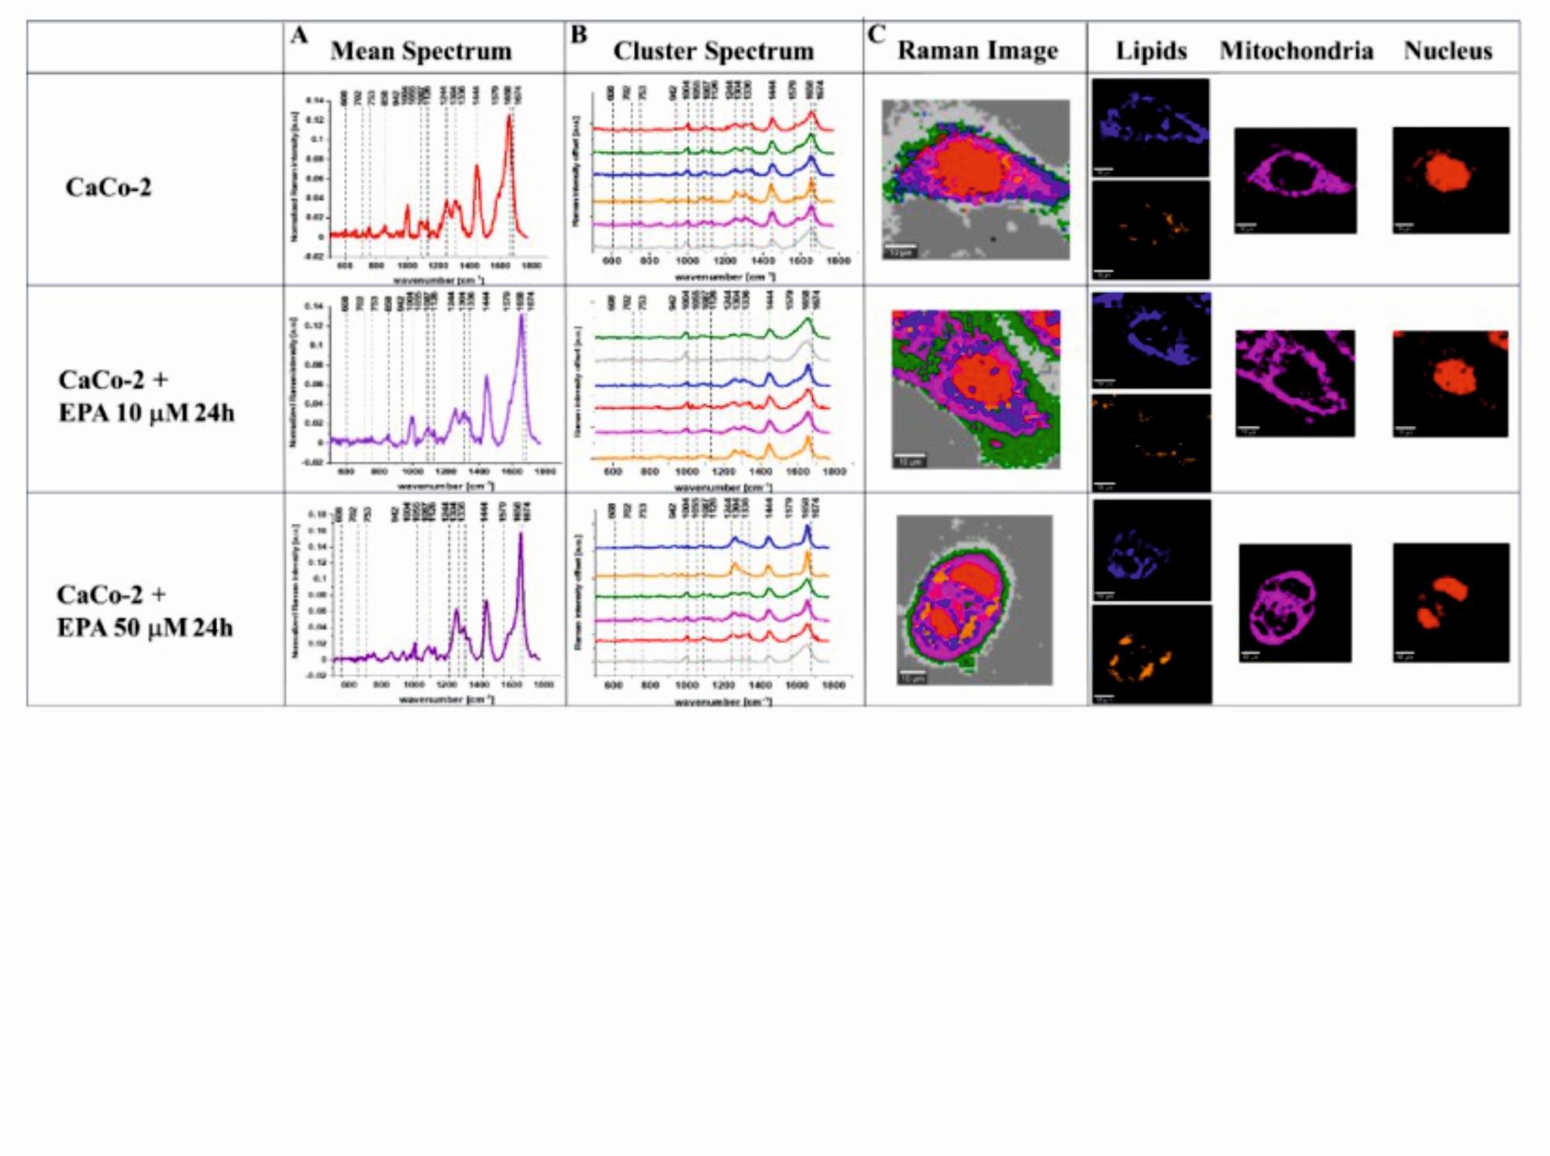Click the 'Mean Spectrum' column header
421,51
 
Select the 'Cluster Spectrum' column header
713,51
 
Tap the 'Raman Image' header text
977,50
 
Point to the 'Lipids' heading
1151,51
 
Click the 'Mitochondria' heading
1296,51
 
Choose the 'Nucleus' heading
1448,51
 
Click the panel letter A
299,35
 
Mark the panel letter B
578,35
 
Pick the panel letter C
876,35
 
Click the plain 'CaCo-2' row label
108,188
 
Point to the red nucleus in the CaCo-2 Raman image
969,167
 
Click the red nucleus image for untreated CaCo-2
1450,180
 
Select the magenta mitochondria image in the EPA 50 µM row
1294,603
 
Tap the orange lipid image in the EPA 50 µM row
1151,655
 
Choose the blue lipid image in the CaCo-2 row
1150,127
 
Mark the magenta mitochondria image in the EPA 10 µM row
1294,383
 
